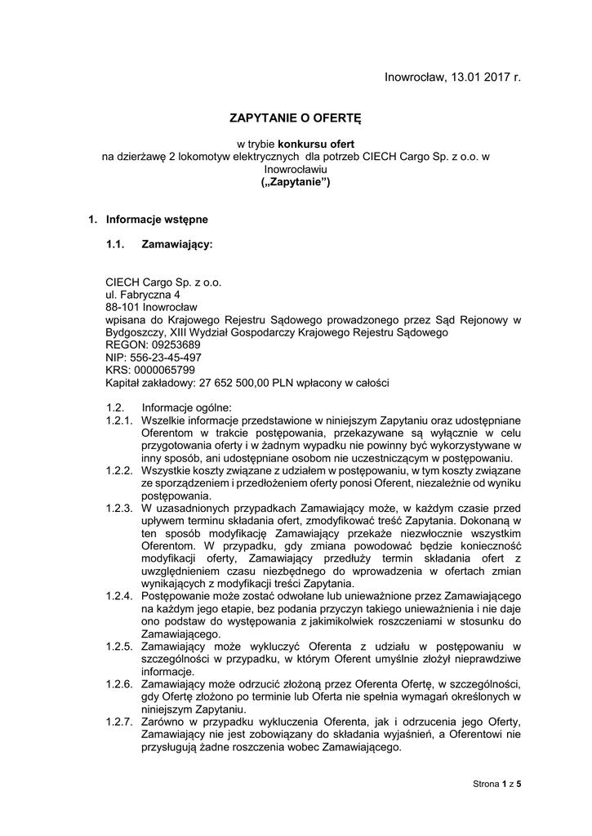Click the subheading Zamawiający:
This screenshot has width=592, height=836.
click(177, 244)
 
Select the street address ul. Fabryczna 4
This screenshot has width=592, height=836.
click(143, 294)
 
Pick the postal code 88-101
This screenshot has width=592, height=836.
click(123, 307)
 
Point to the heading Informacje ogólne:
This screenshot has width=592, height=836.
click(187, 407)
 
